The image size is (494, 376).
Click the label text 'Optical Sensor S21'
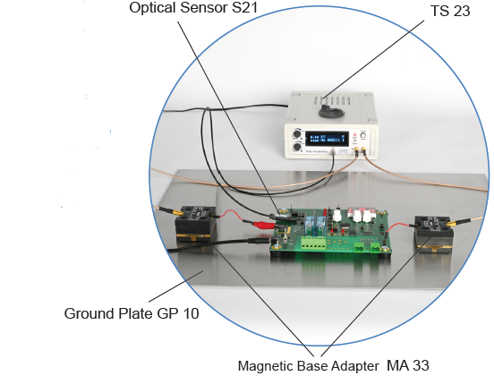point(193,8)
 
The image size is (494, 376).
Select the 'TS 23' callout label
point(450,11)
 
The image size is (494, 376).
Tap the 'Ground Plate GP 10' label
point(132,313)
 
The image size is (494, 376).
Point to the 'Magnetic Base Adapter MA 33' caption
point(333,366)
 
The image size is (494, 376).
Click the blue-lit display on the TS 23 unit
point(327,139)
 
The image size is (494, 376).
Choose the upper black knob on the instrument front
point(297,133)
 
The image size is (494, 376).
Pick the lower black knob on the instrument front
point(297,147)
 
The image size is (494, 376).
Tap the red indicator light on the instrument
point(354,135)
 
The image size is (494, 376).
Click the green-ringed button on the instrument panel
point(363,136)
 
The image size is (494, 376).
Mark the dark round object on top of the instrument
point(331,110)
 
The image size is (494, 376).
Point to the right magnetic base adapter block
point(434,234)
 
